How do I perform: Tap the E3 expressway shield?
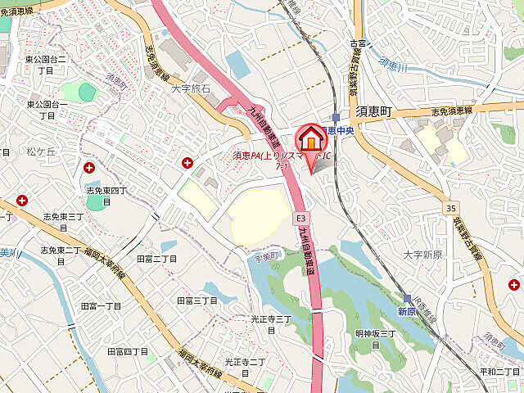coord(301,219)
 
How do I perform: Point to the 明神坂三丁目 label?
coord(375,338)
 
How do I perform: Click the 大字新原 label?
coord(422,255)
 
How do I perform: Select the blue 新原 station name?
coord(408,312)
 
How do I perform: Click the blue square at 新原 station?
coord(407,299)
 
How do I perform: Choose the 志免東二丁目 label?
coord(60,255)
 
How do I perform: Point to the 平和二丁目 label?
coord(499,371)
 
